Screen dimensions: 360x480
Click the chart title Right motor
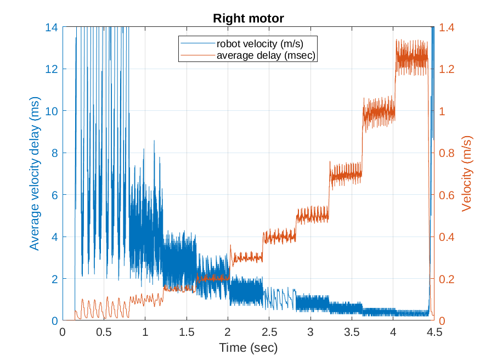pos(249,19)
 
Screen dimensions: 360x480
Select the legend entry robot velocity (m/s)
pos(259,43)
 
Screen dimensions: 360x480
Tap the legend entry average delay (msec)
pos(267,55)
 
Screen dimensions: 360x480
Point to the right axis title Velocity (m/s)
pos(467,173)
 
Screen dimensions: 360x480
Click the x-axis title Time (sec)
pos(248,347)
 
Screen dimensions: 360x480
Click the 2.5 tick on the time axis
pos(269,332)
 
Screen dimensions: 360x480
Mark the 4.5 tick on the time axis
pos(434,332)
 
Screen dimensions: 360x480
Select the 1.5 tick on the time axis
pos(187,332)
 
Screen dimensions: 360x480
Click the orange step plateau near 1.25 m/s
pos(411,57)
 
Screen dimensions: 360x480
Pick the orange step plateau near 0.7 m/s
pos(346,175)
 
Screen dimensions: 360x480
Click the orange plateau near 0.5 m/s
pos(313,216)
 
